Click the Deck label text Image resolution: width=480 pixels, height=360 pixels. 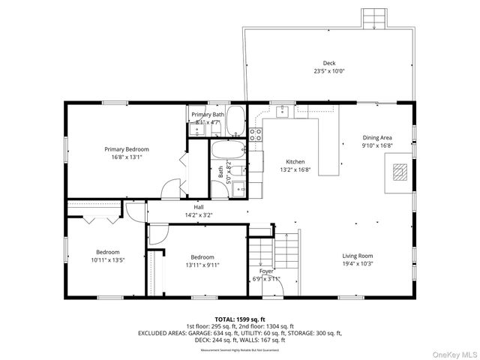point(329,63)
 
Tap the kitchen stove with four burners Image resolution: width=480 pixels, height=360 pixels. point(256,135)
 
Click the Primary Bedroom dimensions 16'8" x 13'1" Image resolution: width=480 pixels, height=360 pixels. point(126,157)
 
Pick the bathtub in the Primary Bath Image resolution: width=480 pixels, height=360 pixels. point(235,119)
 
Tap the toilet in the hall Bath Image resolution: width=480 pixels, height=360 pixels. point(238,171)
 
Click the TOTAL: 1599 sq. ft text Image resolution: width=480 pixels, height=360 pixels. point(239,318)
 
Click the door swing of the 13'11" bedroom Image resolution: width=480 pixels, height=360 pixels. point(157,235)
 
